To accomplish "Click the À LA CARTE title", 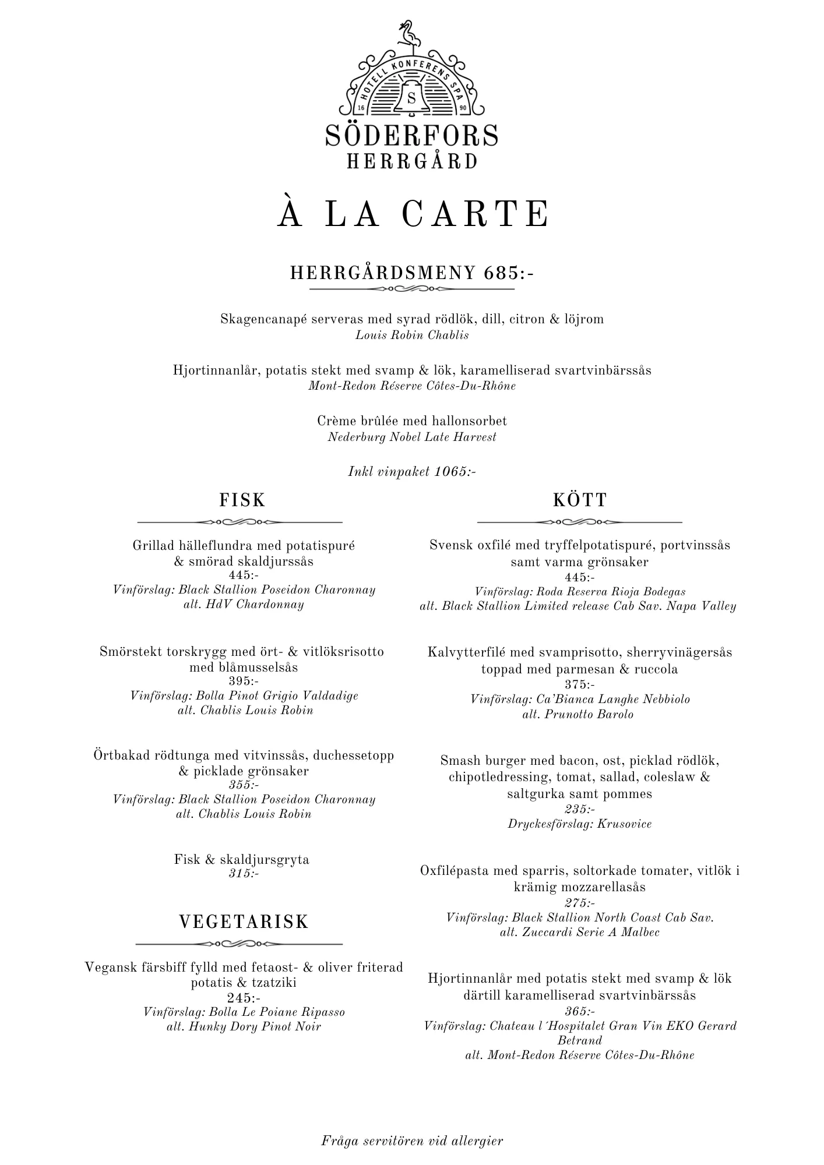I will [x=413, y=214].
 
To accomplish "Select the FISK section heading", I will [x=242, y=500].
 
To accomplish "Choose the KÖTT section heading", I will [x=580, y=500].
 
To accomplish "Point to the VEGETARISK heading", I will [x=244, y=922].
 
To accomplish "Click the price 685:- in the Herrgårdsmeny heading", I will [x=509, y=273].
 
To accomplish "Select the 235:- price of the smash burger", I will [x=580, y=809].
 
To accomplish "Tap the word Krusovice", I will [x=624, y=824].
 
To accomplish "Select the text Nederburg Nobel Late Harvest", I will [x=412, y=437].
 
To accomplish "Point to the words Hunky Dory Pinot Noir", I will [x=254, y=1026].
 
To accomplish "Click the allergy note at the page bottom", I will [x=412, y=1141].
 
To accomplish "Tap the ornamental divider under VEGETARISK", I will [x=239, y=943].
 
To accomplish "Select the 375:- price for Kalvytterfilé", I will [x=580, y=684].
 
